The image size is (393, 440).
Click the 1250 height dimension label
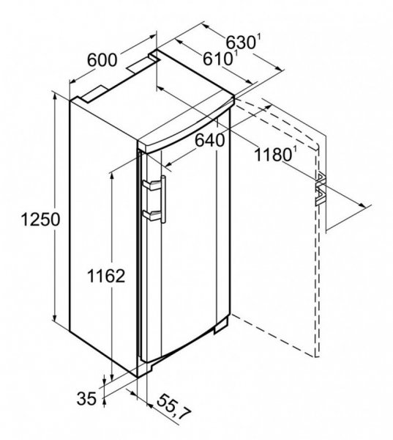40,219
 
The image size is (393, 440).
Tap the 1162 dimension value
106,276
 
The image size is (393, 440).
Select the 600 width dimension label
102,60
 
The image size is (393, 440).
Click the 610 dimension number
217,59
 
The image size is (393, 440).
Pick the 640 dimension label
210,140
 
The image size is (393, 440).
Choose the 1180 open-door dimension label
273,155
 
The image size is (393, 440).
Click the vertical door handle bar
163,199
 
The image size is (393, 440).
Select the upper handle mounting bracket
151,185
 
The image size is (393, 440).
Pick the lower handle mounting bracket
151,215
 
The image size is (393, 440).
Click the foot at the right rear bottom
221,326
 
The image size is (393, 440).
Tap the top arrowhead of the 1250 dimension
55,96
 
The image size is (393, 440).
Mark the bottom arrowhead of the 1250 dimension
55,317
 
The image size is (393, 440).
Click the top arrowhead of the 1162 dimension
112,176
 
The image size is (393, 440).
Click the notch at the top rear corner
154,54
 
